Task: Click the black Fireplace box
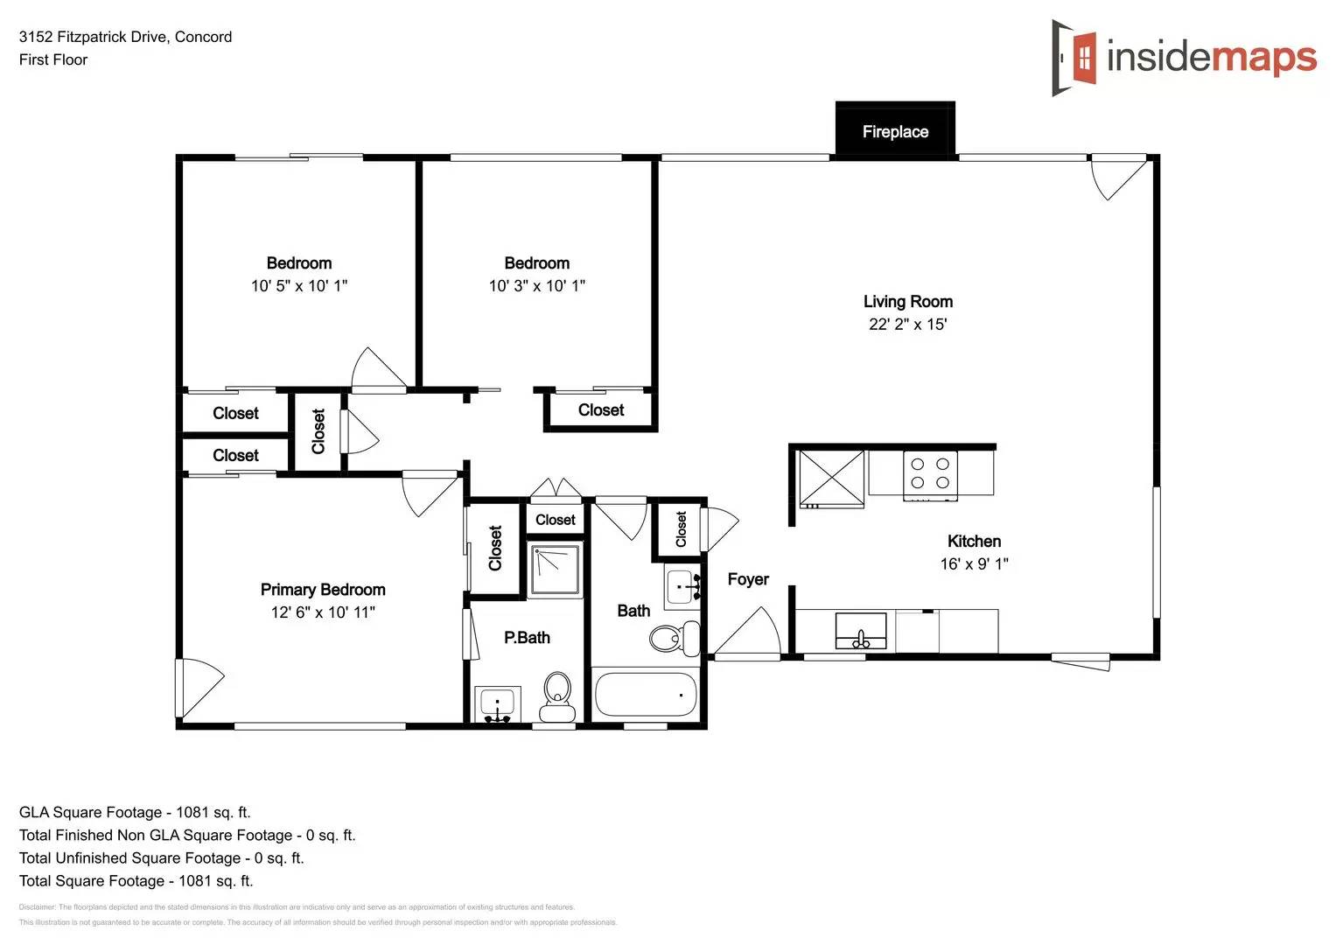click(x=894, y=130)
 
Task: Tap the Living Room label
click(x=907, y=302)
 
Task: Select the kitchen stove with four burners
click(x=929, y=474)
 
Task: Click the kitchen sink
click(x=861, y=631)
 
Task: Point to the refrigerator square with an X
click(x=831, y=478)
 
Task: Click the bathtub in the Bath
click(x=646, y=695)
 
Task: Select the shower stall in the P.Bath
click(x=555, y=570)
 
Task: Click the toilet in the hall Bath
click(x=675, y=638)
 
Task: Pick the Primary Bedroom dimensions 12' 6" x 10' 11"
click(x=323, y=612)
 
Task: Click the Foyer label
click(x=748, y=579)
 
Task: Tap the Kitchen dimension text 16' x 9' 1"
click(x=974, y=564)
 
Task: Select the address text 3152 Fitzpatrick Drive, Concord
click(x=125, y=37)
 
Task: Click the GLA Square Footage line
click(x=135, y=812)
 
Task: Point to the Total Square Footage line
click(x=136, y=881)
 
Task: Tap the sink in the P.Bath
click(x=497, y=703)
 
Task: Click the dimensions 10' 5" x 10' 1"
click(x=298, y=286)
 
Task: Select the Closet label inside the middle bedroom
click(x=601, y=410)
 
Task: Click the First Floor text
click(x=53, y=59)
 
